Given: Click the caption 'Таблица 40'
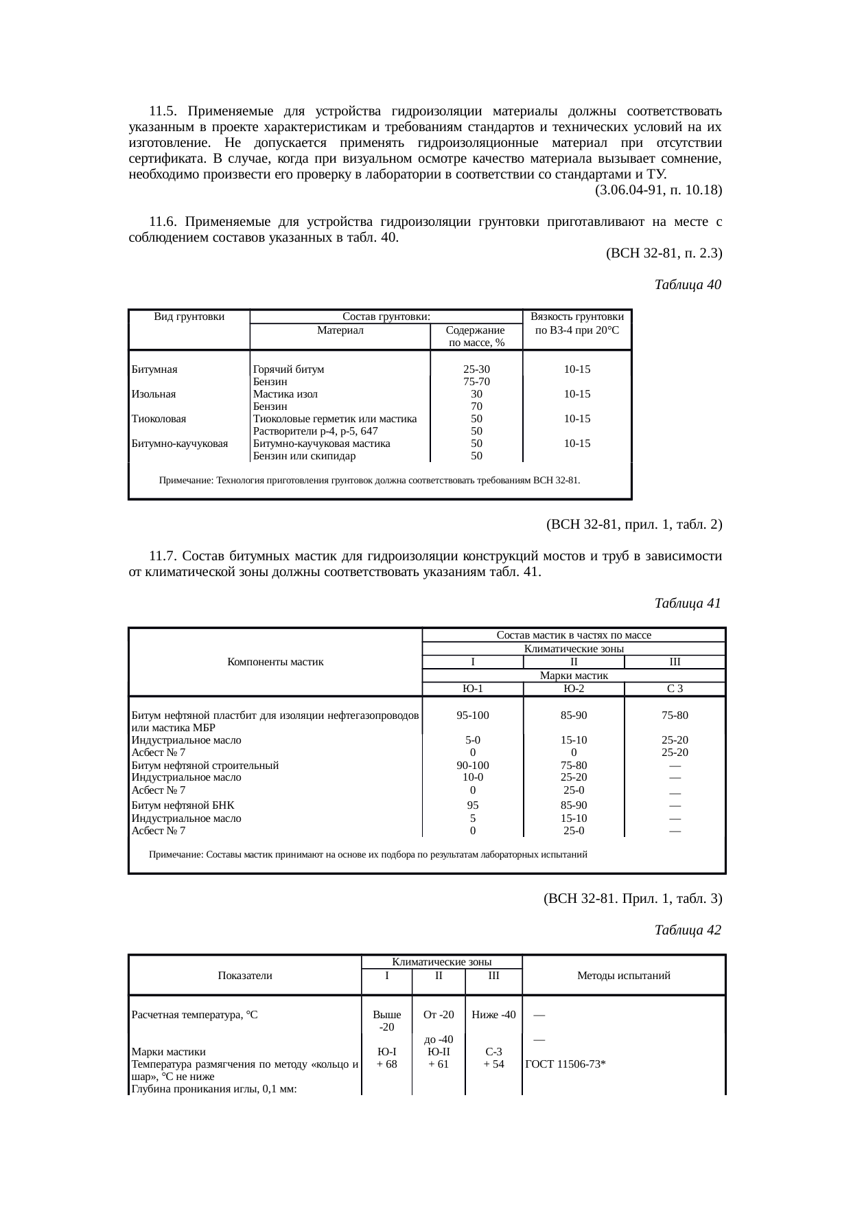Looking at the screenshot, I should point(688,284).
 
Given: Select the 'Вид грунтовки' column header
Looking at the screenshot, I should point(189,317).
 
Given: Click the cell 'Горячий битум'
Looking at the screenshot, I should point(288,369).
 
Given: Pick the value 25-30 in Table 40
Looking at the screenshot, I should point(476,369).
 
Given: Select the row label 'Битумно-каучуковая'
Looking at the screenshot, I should point(179,444).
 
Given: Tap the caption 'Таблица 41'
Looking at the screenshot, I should point(688,604).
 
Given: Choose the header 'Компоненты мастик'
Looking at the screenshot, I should point(275,662).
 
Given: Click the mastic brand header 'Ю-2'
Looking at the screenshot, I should point(574,689).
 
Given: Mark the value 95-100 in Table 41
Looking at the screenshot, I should point(473,715).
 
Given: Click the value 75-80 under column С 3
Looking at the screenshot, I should point(675,715).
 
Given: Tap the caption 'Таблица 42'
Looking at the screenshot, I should point(688,930).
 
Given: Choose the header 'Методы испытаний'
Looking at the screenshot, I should point(624,976).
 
